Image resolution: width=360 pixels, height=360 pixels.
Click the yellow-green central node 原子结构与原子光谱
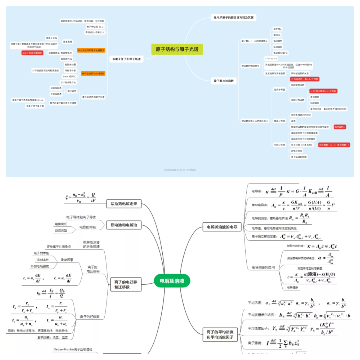[x=177, y=49]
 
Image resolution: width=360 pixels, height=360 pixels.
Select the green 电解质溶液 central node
[x=172, y=281]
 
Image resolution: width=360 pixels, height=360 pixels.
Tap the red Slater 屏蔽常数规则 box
[x=32, y=53]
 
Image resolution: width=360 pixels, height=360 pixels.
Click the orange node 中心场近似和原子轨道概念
[x=91, y=50]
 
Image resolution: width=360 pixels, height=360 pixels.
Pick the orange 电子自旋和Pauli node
[x=93, y=73]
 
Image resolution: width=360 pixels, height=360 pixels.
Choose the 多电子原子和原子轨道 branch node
[x=126, y=59]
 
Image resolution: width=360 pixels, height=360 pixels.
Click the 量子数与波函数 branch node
[x=223, y=81]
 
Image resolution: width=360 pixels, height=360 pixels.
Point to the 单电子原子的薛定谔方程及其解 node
[x=233, y=18]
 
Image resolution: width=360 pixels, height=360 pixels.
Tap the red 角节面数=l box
[x=340, y=127]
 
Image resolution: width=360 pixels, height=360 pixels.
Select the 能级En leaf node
[x=277, y=35]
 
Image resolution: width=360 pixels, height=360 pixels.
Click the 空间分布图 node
[x=279, y=145]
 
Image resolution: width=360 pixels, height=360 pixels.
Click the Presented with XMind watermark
[x=180, y=170]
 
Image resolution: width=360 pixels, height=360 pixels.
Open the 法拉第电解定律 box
[x=124, y=204]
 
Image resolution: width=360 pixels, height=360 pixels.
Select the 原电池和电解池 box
[x=124, y=225]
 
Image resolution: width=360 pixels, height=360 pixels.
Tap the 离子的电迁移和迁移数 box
[x=126, y=284]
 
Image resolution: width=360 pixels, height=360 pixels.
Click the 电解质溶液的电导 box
[x=222, y=227]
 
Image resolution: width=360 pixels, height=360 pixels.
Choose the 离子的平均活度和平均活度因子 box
[x=220, y=334]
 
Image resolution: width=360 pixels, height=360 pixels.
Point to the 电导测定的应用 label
[x=263, y=268]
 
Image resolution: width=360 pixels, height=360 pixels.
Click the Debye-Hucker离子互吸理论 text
[x=73, y=349]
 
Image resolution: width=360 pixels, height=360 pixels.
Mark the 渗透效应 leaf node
[x=315, y=97]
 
